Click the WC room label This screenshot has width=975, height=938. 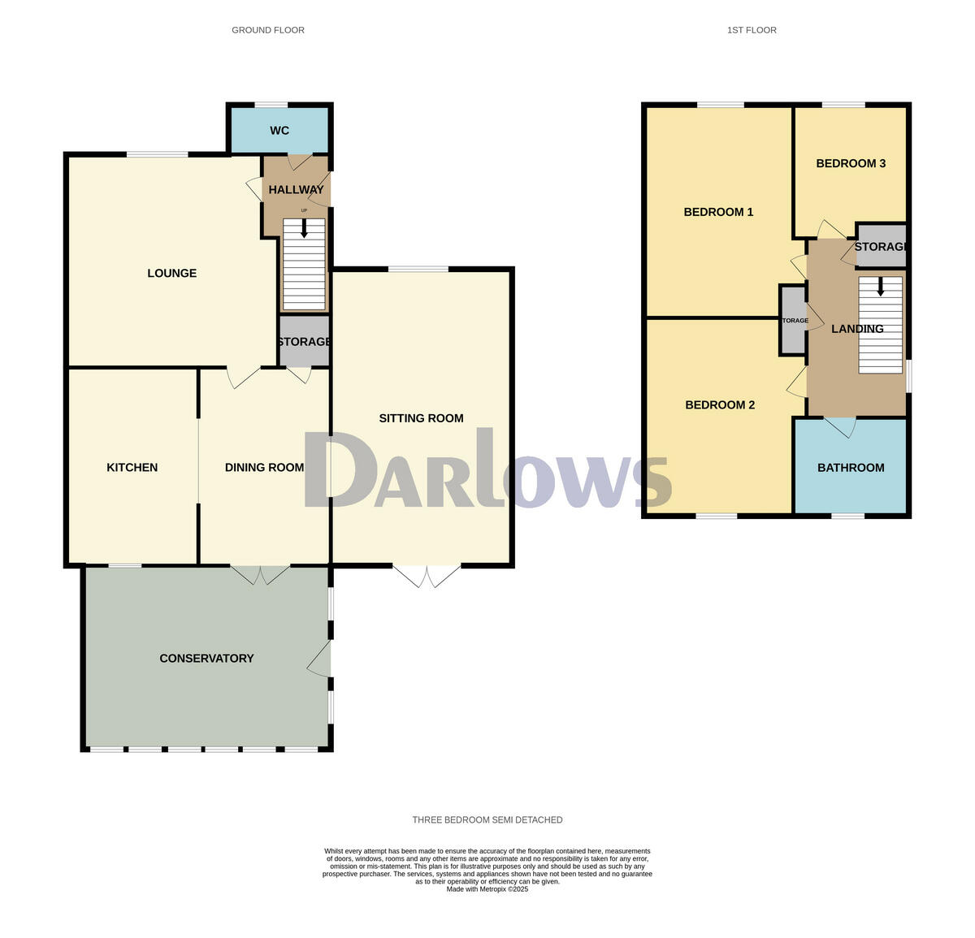coord(279,131)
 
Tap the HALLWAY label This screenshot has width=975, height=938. coord(296,190)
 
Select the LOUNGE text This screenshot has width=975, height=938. coord(172,273)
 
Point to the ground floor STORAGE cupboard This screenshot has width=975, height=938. coord(304,342)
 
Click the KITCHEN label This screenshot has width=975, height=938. coord(132,468)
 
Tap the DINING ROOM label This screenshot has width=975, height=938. coord(264,468)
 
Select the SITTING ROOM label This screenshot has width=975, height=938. coord(421,418)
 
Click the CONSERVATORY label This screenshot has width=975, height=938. coord(206,659)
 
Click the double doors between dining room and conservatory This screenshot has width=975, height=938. coord(260,574)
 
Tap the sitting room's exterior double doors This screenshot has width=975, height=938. coord(427,576)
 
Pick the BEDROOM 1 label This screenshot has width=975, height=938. coord(718,212)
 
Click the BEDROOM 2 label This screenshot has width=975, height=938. coord(720,405)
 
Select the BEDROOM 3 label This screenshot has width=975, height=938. coord(851,163)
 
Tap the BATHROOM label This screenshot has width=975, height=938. coord(851,468)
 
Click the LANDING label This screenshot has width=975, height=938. coord(857,329)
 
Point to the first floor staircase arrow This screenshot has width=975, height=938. coord(880,287)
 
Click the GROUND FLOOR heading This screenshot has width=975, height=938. coord(268,30)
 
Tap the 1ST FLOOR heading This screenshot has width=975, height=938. coord(752,30)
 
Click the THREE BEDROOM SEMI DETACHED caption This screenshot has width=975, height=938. coord(487,820)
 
